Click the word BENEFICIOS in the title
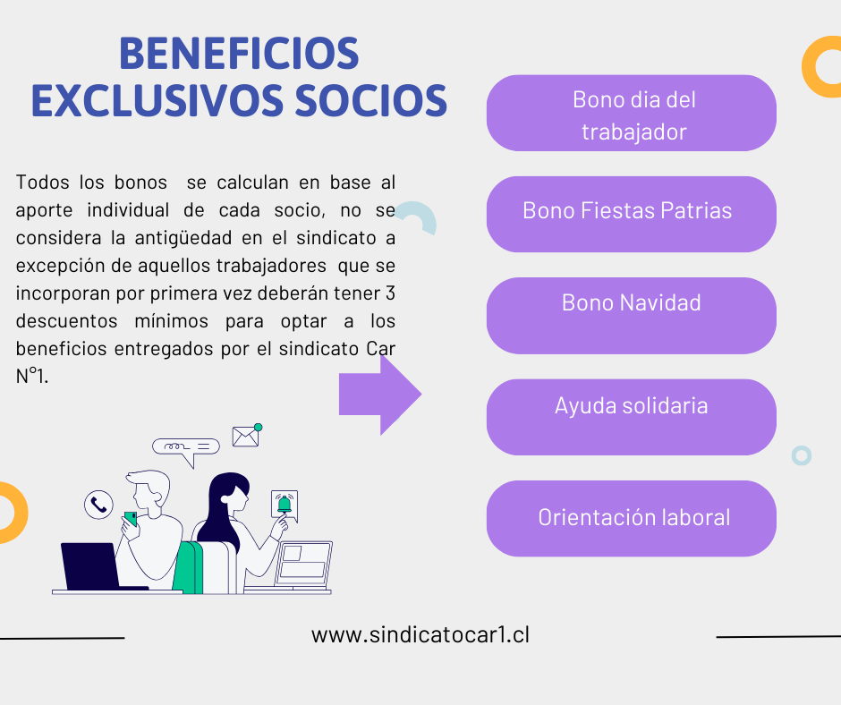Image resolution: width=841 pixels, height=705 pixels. [x=239, y=54]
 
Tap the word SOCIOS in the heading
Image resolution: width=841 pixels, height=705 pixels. [x=371, y=101]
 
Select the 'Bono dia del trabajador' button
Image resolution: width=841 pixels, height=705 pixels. [x=632, y=114]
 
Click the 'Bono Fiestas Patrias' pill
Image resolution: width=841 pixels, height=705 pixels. [x=632, y=214]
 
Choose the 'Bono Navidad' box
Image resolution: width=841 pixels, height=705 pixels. [x=632, y=316]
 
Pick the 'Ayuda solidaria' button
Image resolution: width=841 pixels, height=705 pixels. [x=632, y=417]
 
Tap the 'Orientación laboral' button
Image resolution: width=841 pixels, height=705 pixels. [x=632, y=518]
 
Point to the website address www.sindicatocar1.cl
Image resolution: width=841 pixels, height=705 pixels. [x=420, y=634]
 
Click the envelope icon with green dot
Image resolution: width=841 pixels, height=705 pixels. [x=246, y=436]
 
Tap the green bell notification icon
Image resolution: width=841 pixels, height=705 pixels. [x=285, y=505]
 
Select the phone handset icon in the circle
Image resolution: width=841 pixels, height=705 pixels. [x=98, y=505]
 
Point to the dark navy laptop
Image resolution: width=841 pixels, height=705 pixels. [x=91, y=566]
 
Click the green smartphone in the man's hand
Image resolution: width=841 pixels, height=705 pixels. [x=131, y=519]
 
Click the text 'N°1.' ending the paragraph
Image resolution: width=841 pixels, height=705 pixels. [x=32, y=376]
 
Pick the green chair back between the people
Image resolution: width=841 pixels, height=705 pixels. [x=189, y=567]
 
